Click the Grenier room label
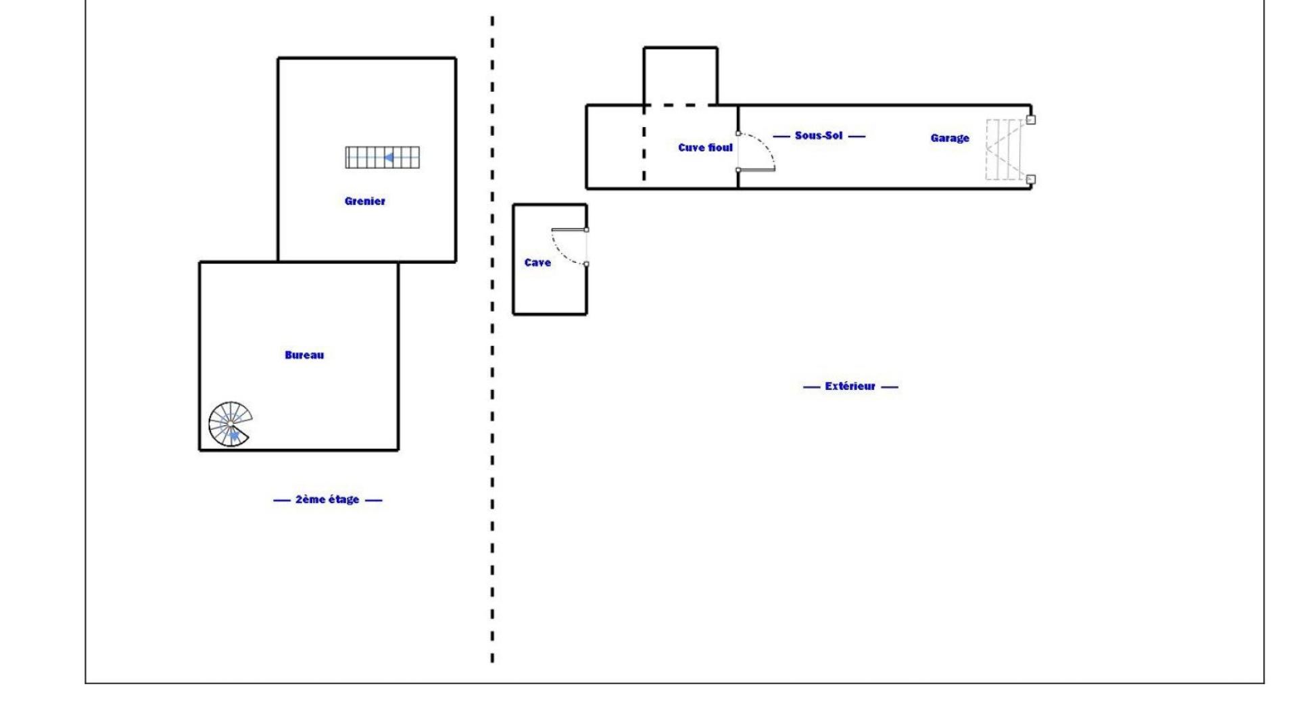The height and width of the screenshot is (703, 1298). pyautogui.click(x=365, y=201)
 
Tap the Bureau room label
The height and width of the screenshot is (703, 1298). pyautogui.click(x=304, y=355)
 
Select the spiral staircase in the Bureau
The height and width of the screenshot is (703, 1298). pyautogui.click(x=230, y=424)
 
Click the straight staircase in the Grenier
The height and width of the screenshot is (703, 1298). pyautogui.click(x=382, y=157)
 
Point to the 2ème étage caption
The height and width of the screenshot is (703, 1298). pyautogui.click(x=327, y=500)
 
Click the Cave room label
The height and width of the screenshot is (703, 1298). pyautogui.click(x=537, y=262)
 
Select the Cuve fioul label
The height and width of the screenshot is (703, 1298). pyautogui.click(x=705, y=147)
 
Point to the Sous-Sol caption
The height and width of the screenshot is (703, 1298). pyautogui.click(x=819, y=135)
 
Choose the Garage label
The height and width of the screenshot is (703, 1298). pyautogui.click(x=949, y=138)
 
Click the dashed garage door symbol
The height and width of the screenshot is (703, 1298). pyautogui.click(x=1005, y=149)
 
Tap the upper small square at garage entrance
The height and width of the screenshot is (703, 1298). pyautogui.click(x=1031, y=120)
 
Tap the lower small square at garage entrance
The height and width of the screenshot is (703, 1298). pyautogui.click(x=1031, y=179)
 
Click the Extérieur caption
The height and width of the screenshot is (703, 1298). pyautogui.click(x=850, y=386)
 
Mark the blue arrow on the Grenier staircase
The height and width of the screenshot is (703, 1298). pyautogui.click(x=389, y=157)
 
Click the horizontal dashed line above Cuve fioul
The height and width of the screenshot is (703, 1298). pyautogui.click(x=679, y=105)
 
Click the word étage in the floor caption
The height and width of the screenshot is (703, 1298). pyautogui.click(x=343, y=500)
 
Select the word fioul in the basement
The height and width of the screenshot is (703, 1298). pyautogui.click(x=721, y=147)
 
